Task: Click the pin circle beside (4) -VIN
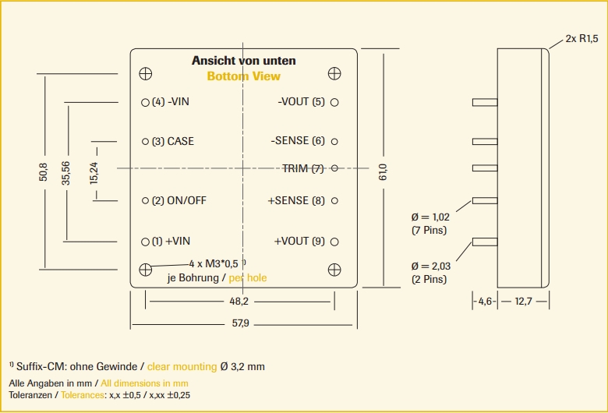145,102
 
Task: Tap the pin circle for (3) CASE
145,142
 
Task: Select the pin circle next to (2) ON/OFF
145,201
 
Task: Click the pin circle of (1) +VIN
145,242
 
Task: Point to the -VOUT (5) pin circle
334,102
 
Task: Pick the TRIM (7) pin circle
334,168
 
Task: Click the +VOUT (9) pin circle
334,242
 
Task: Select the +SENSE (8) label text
296,201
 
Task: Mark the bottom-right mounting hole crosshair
334,269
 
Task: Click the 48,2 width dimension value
239,302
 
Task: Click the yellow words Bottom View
243,76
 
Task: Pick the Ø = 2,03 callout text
430,266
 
